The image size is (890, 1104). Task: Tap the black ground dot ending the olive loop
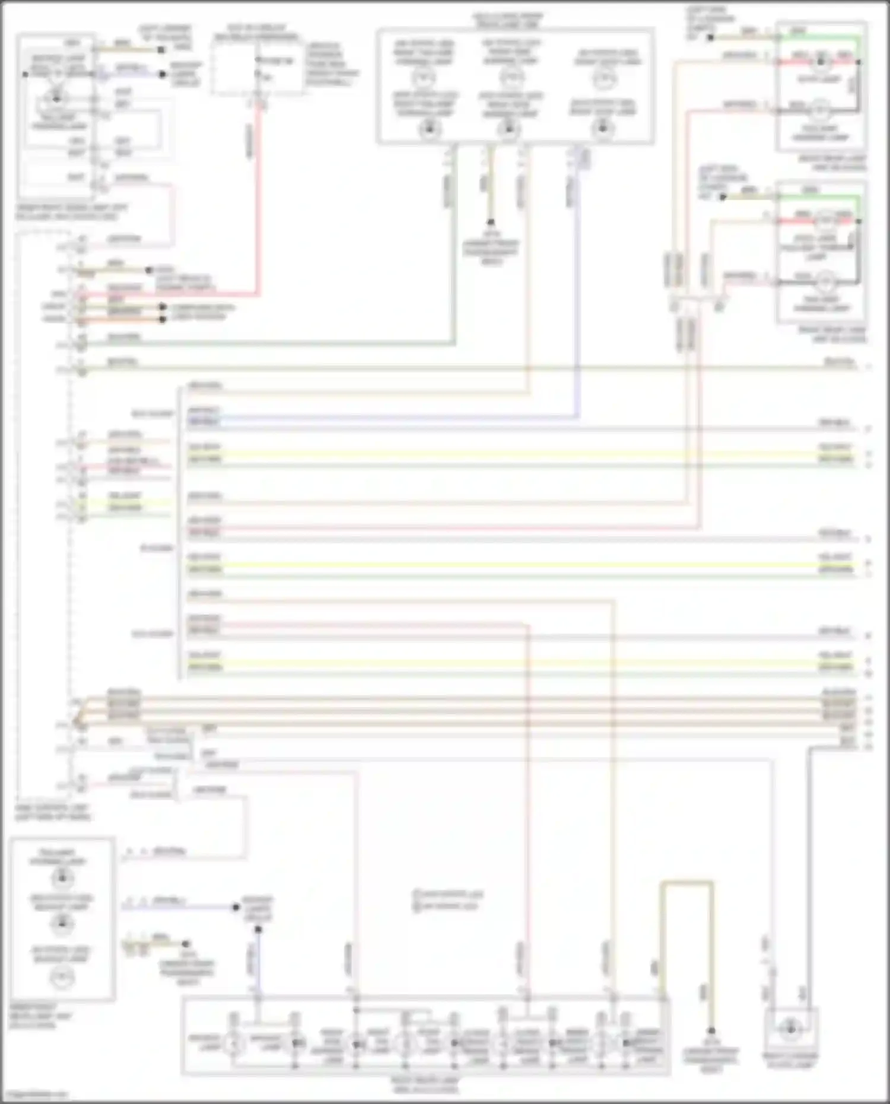click(711, 1031)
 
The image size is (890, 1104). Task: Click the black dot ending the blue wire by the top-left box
click(163, 74)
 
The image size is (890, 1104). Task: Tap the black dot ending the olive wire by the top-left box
click(161, 50)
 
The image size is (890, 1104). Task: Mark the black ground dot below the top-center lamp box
click(491, 222)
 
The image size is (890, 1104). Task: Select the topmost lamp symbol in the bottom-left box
click(62, 877)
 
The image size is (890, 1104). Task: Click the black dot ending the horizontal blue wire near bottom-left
click(236, 907)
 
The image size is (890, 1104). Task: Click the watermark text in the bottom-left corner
click(36, 1094)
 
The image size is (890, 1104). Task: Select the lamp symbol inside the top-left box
click(56, 98)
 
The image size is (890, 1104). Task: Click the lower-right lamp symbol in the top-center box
click(603, 128)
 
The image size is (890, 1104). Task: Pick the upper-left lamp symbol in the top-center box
click(422, 78)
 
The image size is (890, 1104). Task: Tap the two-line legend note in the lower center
click(449, 901)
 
